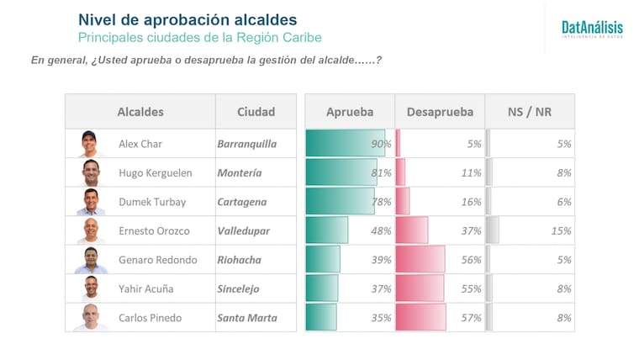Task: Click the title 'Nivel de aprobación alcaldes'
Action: coord(187,19)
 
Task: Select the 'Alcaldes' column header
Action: coord(140,112)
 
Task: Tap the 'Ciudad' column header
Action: coord(256,112)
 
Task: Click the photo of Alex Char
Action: coord(90,144)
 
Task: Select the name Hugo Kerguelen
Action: coord(156,173)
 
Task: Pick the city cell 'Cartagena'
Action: coord(241,202)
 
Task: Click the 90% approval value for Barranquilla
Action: coord(382,144)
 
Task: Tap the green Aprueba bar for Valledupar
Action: coord(327,230)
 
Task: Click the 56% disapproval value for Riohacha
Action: coord(471,260)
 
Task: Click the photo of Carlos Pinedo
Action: coord(90,318)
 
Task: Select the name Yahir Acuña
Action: coord(146,289)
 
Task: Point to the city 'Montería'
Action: coord(239,173)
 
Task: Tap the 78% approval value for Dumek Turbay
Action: coord(382,202)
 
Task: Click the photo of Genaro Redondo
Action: coord(90,260)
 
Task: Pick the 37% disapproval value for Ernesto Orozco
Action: coord(471,230)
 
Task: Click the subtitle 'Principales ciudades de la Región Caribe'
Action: coord(199,38)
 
